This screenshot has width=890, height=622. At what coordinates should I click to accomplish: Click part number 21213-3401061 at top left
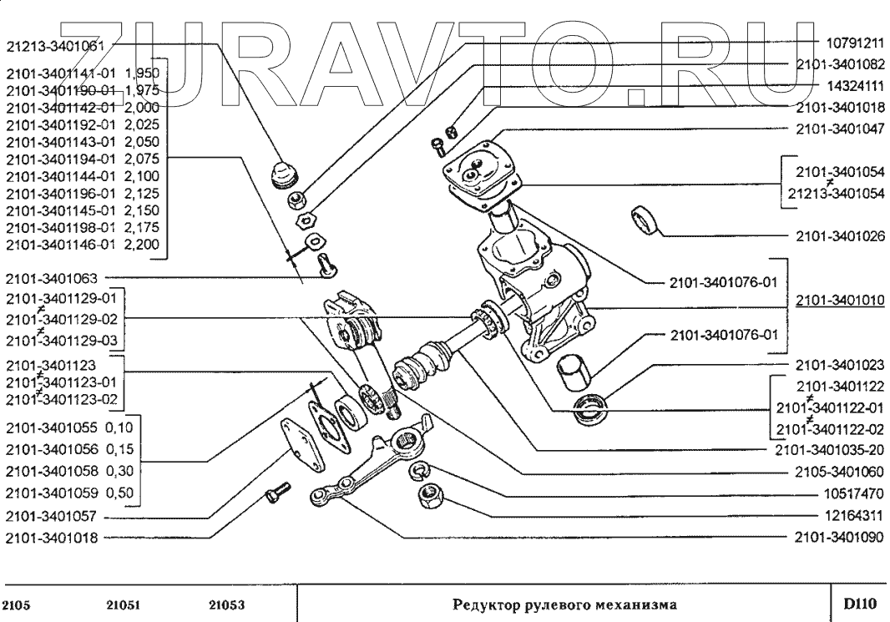point(55,47)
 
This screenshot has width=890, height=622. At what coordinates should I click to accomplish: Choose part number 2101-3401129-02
point(63,319)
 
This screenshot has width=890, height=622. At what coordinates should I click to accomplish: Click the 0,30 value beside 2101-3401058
point(124,470)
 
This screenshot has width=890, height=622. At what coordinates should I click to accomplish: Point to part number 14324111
point(854,85)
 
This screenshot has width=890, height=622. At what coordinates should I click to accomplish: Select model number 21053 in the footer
point(226,603)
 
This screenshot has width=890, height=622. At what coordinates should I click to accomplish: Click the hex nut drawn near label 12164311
point(432,500)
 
